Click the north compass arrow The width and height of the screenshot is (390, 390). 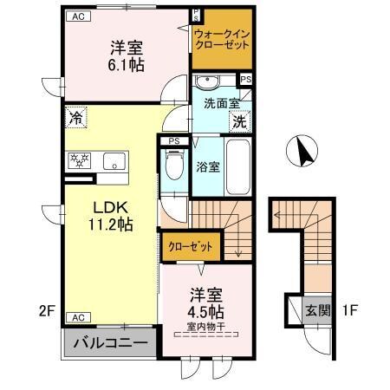click(303, 153)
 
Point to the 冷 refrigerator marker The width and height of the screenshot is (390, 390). click(77, 118)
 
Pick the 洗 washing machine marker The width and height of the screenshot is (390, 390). click(238, 123)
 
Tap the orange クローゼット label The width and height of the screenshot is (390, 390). click(190, 247)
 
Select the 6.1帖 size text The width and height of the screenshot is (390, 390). click(126, 64)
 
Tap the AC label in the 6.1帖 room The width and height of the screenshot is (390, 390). click(78, 16)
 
